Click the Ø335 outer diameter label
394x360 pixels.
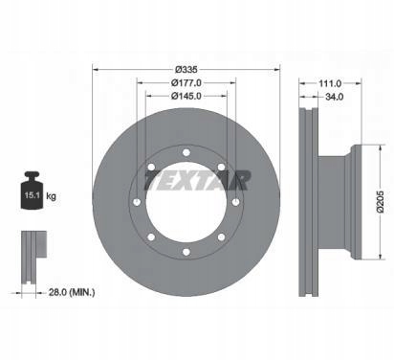pos(186,68)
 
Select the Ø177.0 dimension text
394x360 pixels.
pos(186,83)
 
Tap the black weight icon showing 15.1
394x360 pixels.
pos(32,195)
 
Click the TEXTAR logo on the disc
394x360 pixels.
pos(197,178)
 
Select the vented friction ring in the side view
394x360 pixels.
pos(310,201)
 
